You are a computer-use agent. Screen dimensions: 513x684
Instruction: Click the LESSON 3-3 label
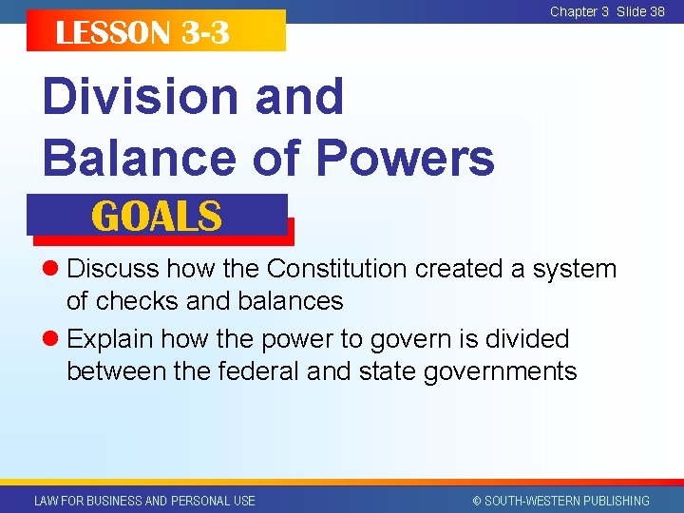tap(142, 33)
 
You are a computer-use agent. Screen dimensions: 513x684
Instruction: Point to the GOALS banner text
tap(157, 217)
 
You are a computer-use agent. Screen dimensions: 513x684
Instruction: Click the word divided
tap(521, 339)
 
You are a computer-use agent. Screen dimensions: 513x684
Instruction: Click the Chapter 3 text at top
tap(579, 11)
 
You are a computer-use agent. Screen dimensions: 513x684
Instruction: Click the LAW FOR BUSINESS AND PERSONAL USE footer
tap(144, 501)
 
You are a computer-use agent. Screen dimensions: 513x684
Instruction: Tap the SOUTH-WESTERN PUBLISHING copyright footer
tap(560, 501)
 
